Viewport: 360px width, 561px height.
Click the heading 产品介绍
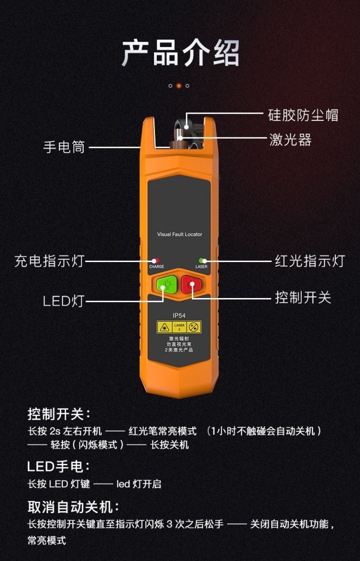[180, 53]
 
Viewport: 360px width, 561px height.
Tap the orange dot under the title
[179, 86]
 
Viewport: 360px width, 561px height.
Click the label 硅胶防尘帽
[303, 115]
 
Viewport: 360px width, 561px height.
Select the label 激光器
[290, 139]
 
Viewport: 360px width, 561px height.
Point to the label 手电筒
[64, 147]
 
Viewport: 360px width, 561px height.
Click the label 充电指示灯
[49, 261]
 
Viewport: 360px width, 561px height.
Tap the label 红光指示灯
[310, 261]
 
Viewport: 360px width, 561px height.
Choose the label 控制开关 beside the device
[303, 297]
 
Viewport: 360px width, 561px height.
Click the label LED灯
[63, 301]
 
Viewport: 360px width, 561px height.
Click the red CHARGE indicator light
[156, 261]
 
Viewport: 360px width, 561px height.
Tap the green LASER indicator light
[201, 261]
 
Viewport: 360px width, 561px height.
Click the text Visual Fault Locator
[180, 235]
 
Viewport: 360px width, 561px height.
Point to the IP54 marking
[179, 316]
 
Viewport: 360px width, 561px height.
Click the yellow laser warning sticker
[179, 327]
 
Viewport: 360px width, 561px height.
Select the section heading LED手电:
[59, 467]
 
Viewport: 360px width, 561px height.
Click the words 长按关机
[169, 445]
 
